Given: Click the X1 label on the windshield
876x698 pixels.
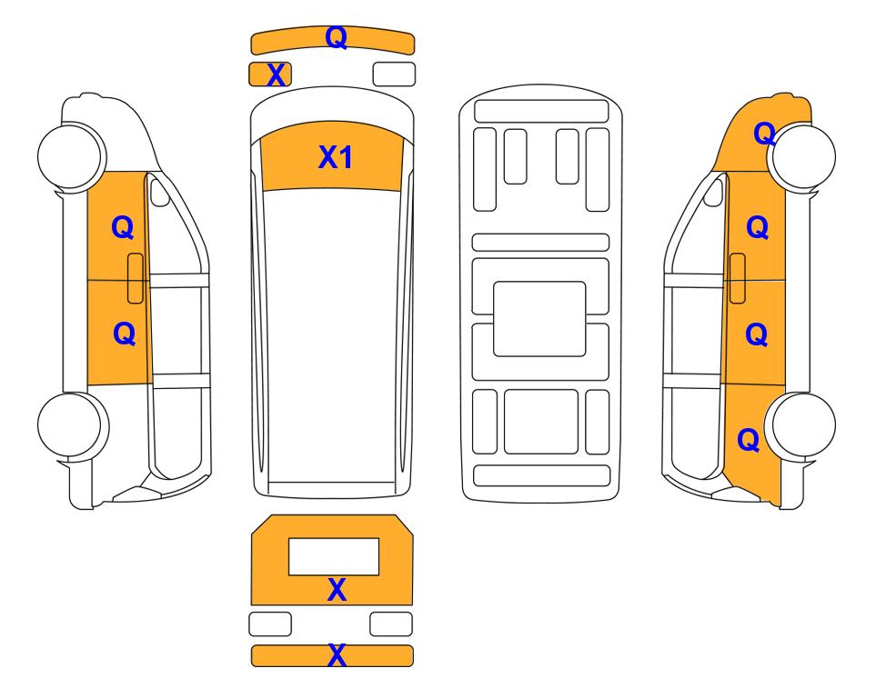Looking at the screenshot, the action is (335, 157).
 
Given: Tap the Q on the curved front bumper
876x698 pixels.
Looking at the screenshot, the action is (337, 37).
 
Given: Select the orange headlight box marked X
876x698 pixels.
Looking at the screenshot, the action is (270, 75).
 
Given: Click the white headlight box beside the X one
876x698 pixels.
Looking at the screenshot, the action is (394, 75).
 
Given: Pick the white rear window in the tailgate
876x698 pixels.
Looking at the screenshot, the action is (334, 557).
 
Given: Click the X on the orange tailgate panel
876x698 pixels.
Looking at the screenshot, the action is (337, 590).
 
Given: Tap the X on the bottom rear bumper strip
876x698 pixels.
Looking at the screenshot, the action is (337, 655).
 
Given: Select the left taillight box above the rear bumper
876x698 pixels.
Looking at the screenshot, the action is (270, 623).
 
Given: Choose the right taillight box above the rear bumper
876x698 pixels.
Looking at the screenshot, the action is (391, 623).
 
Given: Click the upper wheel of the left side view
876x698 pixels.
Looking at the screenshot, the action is (72, 155).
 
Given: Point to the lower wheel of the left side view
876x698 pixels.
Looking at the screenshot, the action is (72, 425).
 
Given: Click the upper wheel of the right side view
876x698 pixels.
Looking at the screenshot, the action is (801, 157).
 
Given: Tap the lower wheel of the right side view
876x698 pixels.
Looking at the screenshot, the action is (801, 425).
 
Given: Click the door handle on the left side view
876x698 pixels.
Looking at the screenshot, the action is (136, 278).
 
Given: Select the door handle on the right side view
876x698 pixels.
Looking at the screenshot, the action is (738, 278).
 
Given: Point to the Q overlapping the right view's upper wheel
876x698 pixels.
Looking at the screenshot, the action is (764, 134).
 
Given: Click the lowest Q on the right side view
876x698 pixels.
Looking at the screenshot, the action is (748, 440).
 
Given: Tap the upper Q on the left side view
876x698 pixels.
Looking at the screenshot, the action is (123, 227).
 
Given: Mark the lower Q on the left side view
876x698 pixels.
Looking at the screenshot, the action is (124, 334).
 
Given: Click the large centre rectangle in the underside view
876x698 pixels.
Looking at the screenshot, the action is (539, 319).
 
